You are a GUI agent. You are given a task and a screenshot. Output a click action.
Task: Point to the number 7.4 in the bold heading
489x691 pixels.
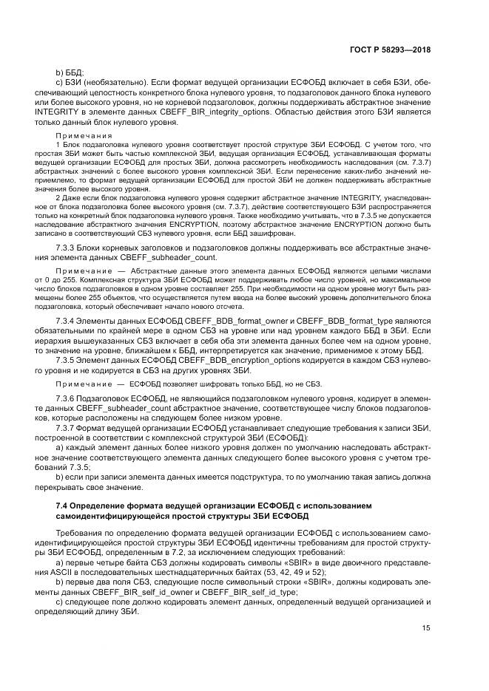62,505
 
